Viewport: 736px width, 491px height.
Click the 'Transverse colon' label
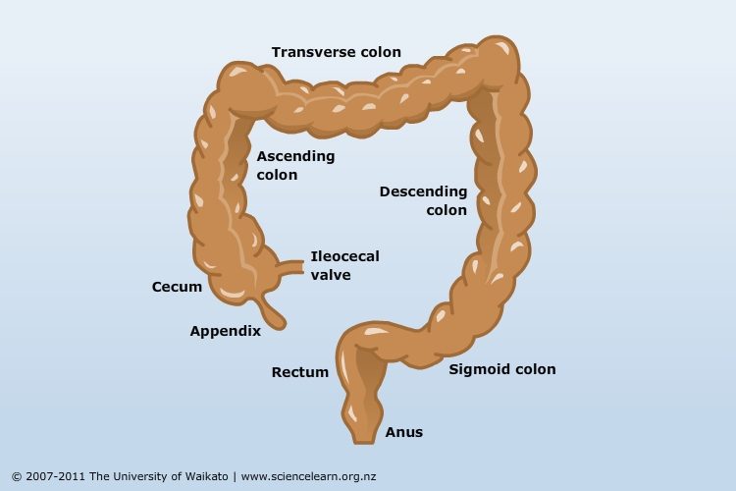click(336, 52)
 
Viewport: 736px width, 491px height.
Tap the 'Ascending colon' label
click(295, 165)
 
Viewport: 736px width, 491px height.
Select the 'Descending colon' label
click(423, 200)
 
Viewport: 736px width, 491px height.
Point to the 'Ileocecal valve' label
click(345, 265)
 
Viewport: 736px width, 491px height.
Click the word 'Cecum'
click(177, 287)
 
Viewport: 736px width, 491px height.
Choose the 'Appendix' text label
click(226, 331)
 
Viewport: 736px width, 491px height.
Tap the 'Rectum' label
click(300, 372)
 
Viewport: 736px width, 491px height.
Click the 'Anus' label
click(404, 432)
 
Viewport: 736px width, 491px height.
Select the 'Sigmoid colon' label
click(502, 369)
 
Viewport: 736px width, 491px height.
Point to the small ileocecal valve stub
click(291, 267)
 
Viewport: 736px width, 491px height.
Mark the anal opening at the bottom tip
click(364, 440)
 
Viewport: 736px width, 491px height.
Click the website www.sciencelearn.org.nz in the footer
click(308, 476)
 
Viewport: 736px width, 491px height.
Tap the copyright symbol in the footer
click(17, 477)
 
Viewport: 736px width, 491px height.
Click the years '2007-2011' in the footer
click(55, 476)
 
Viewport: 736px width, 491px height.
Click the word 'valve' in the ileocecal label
click(331, 275)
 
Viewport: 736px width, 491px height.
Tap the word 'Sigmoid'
click(475, 369)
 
